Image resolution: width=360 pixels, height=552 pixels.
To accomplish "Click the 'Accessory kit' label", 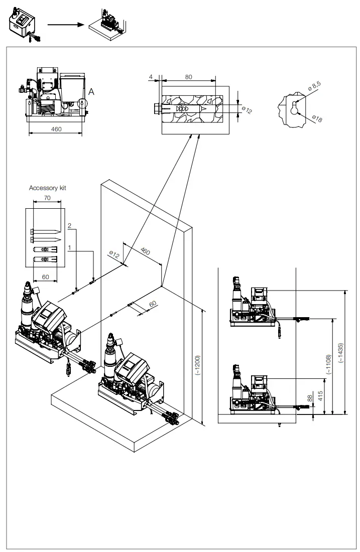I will pyautogui.click(x=48, y=188).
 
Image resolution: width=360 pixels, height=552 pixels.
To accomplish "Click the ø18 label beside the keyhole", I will pyautogui.click(x=317, y=118).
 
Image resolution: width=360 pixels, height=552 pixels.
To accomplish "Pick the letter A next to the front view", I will pyautogui.click(x=91, y=92).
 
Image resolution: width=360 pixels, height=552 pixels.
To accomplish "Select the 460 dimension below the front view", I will pyautogui.click(x=57, y=129).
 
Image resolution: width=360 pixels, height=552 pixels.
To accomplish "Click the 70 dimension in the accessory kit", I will pyautogui.click(x=48, y=198).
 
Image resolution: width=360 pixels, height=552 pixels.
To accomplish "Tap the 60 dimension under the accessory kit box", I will pyautogui.click(x=45, y=277).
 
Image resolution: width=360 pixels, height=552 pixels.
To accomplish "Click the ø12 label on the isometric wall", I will pyautogui.click(x=114, y=255).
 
